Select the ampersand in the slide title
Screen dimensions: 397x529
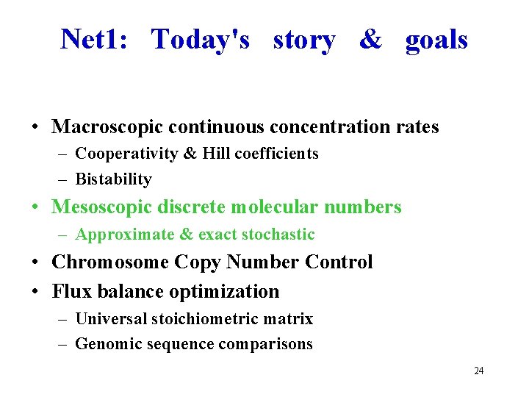coord(370,40)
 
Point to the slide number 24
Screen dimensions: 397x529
coord(478,371)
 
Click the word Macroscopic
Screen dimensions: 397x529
coord(107,127)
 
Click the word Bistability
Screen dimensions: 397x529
coord(114,179)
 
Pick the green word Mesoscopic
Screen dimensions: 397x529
coord(102,207)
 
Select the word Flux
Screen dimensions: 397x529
coord(69,292)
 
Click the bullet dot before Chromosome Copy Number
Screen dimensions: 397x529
coord(35,263)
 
